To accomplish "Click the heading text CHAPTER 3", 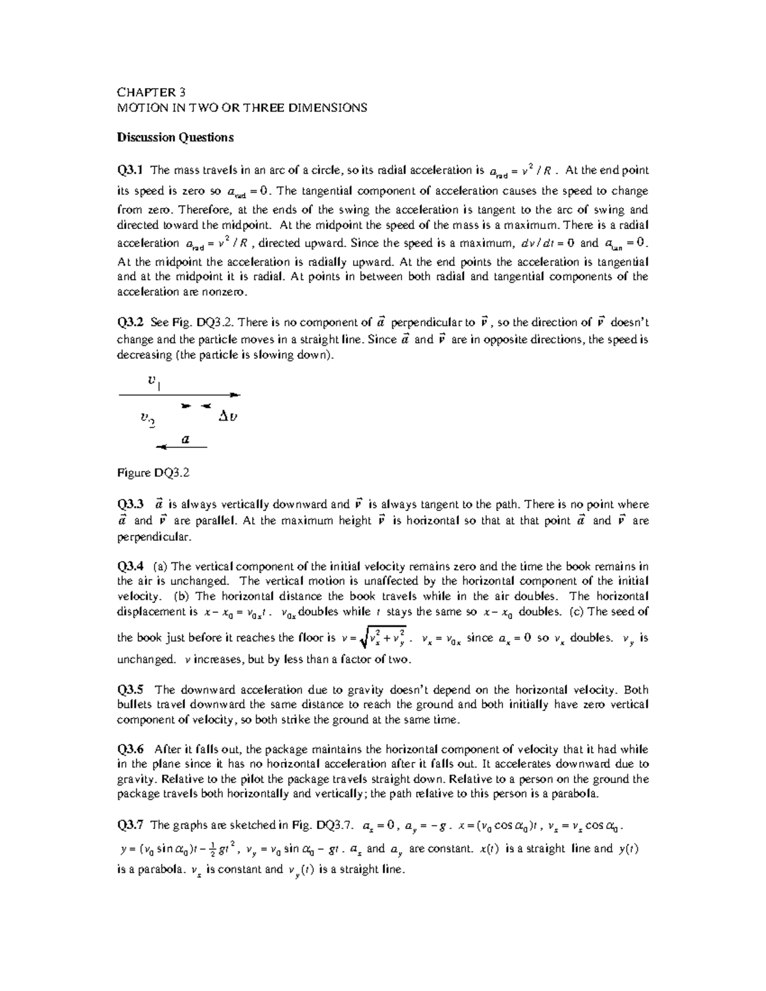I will (151, 93).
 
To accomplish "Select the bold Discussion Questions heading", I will (175, 137).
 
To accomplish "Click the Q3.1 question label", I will (130, 170).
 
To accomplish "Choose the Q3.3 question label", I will (130, 505).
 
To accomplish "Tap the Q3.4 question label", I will (130, 566).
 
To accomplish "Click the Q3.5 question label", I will (130, 690).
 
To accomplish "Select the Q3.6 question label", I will (130, 750).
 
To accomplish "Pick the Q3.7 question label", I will (130, 825).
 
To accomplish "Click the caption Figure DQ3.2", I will (154, 473).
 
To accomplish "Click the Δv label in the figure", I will (228, 417).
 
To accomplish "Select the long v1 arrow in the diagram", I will (179, 395).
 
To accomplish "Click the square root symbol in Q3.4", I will (364, 637).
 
